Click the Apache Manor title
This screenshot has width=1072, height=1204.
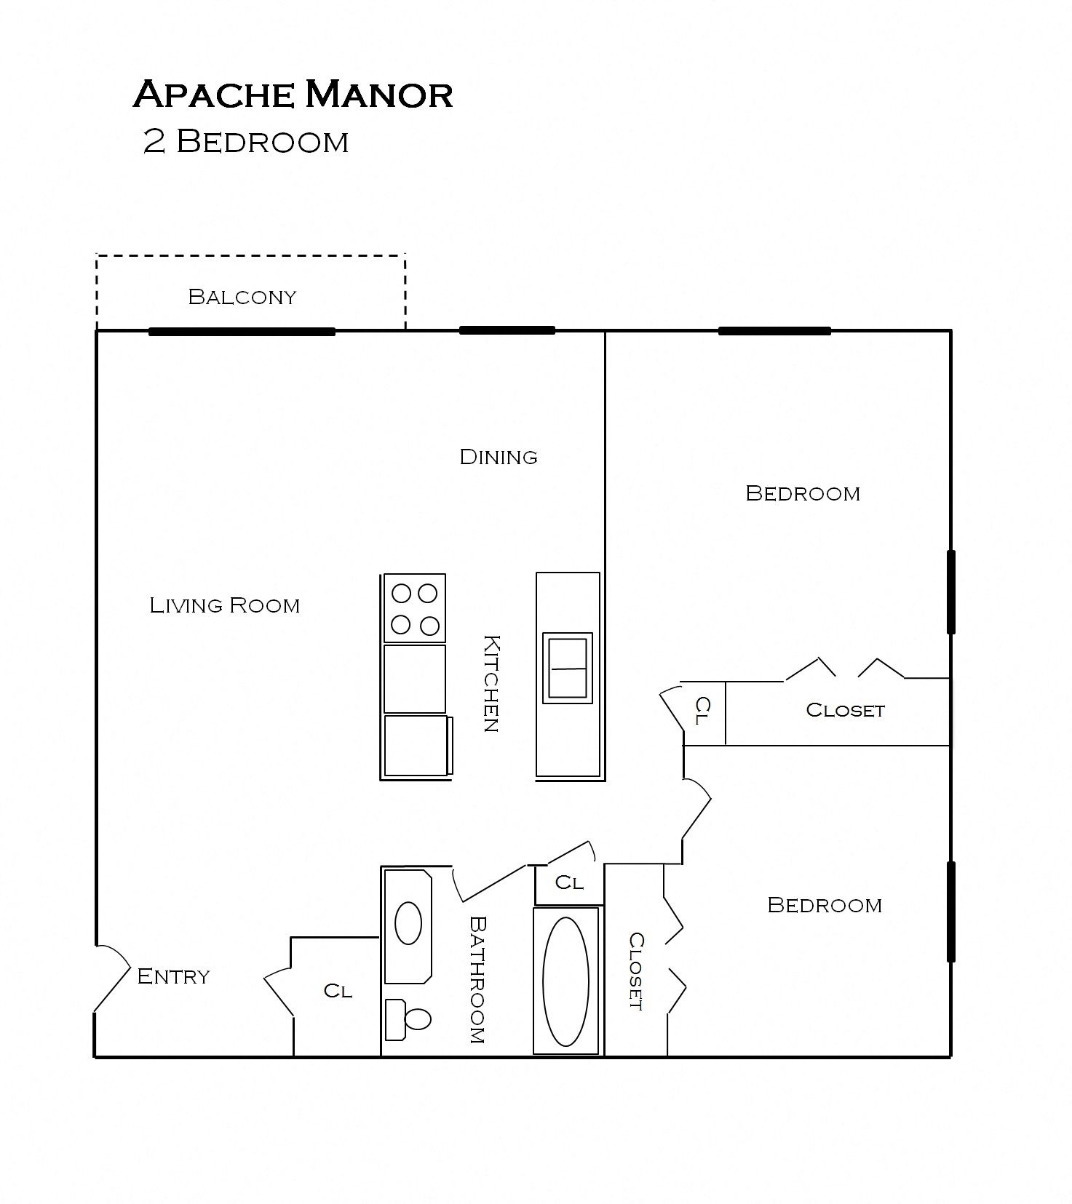click(293, 95)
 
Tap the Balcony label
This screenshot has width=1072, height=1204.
click(242, 297)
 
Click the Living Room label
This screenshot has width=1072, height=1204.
click(224, 605)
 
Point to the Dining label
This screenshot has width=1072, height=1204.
click(499, 457)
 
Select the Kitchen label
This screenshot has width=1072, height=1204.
click(492, 683)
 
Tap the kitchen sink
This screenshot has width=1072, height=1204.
click(568, 668)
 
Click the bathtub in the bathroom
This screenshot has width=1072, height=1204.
click(566, 981)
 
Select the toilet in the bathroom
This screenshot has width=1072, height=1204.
click(409, 1018)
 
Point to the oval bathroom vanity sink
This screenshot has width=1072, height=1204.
click(408, 922)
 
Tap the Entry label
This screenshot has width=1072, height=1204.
click(173, 976)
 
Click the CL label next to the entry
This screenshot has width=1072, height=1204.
click(338, 991)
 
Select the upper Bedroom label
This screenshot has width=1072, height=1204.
click(803, 493)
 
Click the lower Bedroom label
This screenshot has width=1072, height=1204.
click(825, 905)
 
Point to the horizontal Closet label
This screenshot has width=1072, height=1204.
click(845, 710)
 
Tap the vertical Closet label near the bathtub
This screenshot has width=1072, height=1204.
click(635, 971)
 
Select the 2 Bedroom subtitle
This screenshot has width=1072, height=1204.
click(246, 141)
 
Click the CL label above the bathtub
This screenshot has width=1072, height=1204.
click(569, 882)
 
